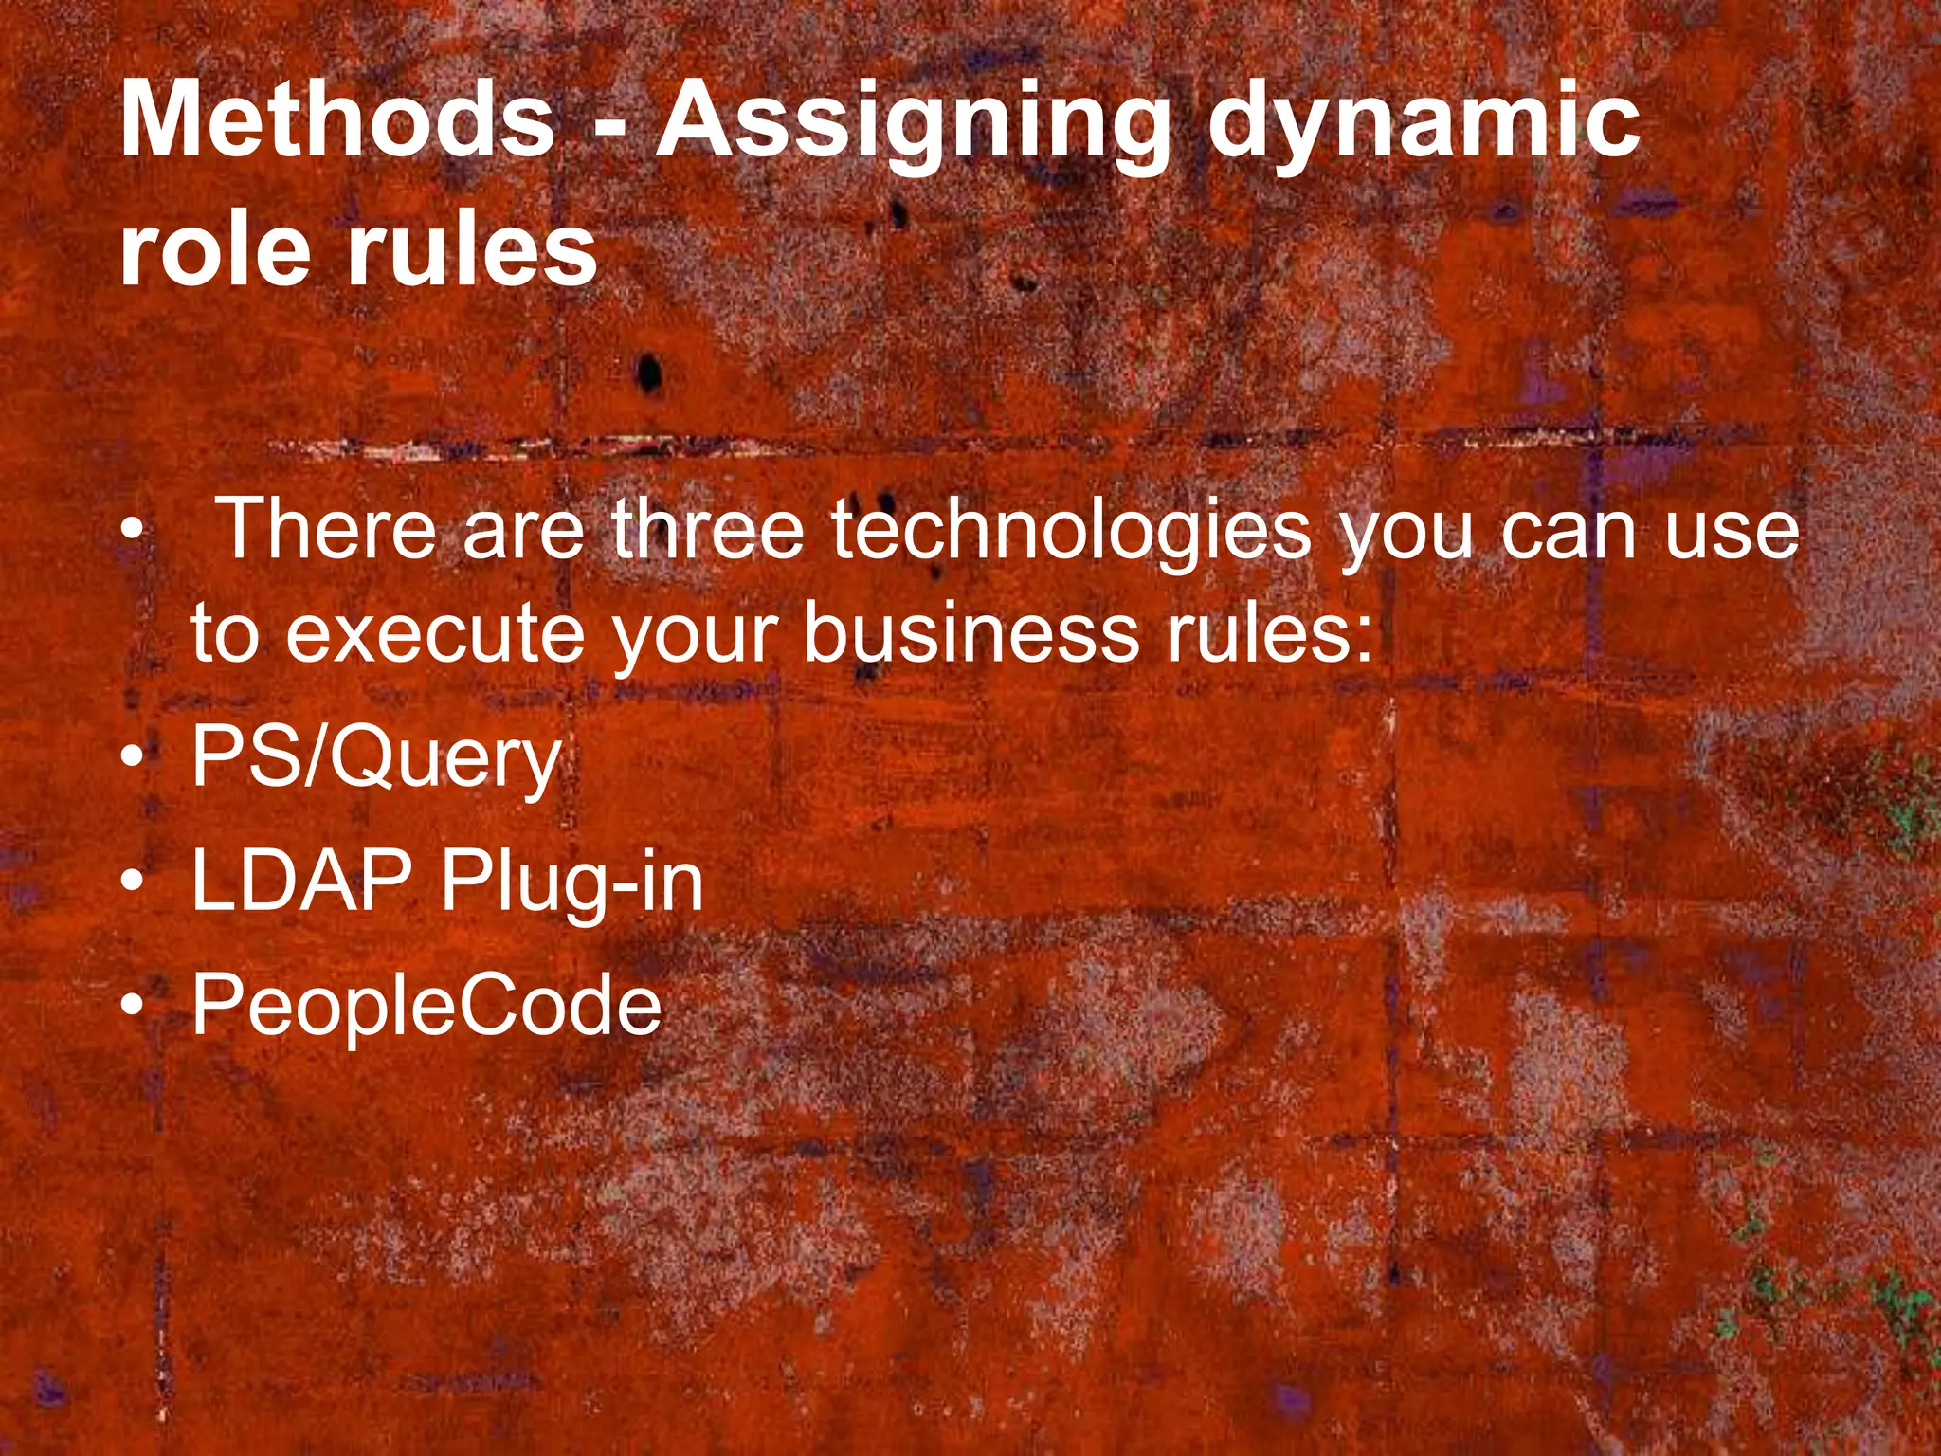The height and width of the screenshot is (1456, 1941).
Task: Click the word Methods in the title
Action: (x=337, y=120)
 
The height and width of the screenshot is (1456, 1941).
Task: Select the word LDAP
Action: (x=301, y=881)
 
